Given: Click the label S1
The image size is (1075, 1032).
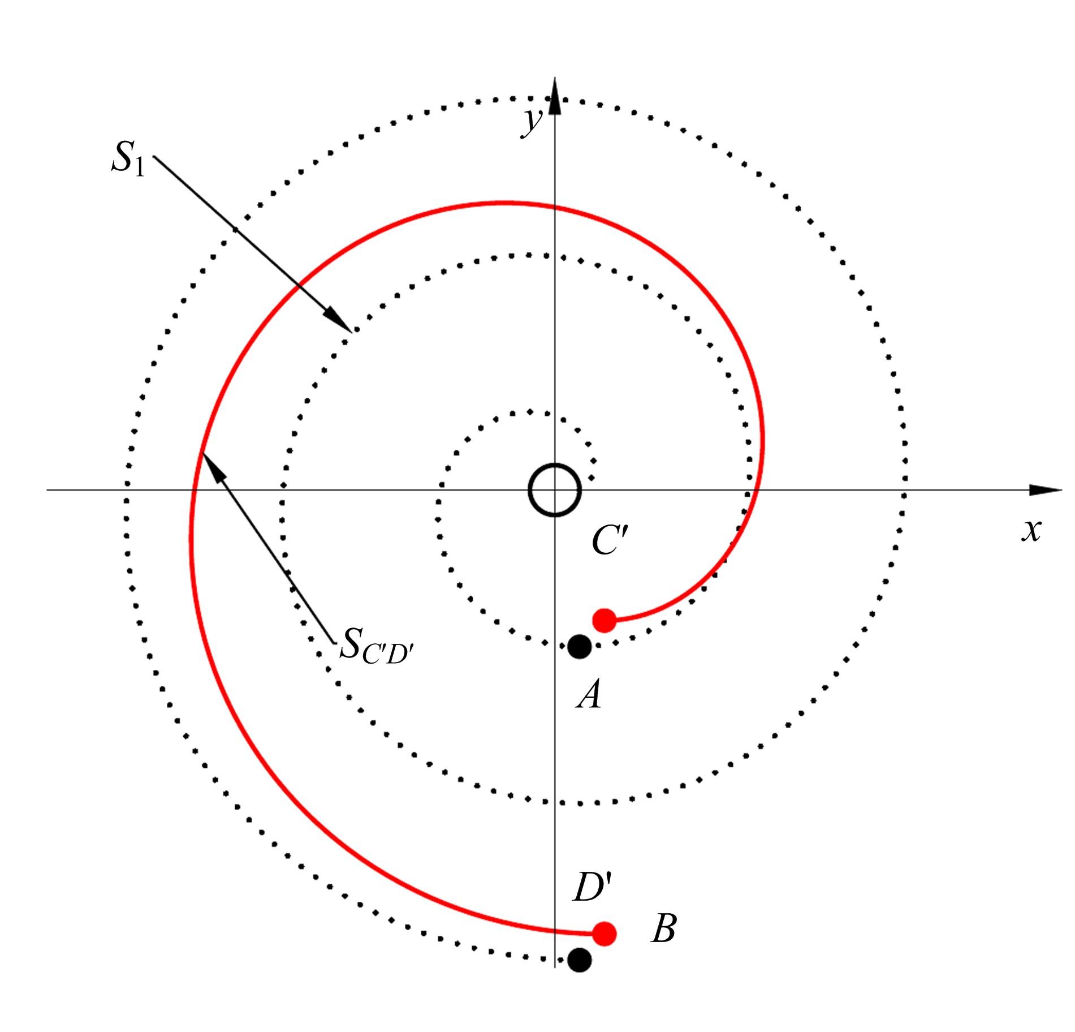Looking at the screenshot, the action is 128,159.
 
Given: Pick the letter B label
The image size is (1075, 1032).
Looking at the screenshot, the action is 663,929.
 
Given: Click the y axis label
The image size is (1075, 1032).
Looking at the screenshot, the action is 533,122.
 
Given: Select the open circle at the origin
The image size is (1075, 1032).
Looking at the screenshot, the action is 555,490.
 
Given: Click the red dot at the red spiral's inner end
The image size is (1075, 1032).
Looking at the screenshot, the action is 604,620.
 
